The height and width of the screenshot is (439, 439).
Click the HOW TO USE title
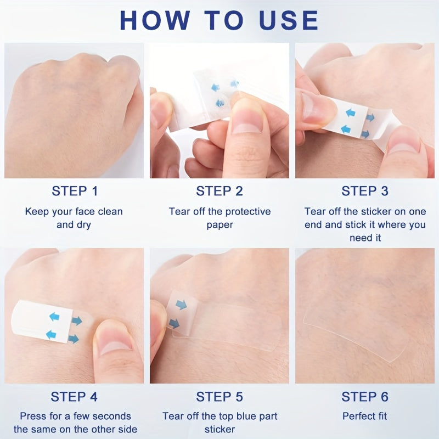219,20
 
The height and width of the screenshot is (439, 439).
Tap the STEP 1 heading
75,191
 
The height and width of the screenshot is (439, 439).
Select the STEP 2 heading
219,191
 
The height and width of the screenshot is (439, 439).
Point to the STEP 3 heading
365,191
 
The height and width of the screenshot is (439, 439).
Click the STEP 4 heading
74,397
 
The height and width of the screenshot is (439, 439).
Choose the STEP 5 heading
219,397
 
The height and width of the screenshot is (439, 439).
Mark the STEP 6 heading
365,397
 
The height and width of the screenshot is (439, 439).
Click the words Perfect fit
364,416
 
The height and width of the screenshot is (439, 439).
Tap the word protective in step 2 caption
248,212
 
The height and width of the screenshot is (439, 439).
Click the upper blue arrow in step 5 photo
182,305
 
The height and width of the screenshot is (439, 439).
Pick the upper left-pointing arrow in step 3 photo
351,113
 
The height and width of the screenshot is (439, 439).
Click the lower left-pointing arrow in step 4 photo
51,334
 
